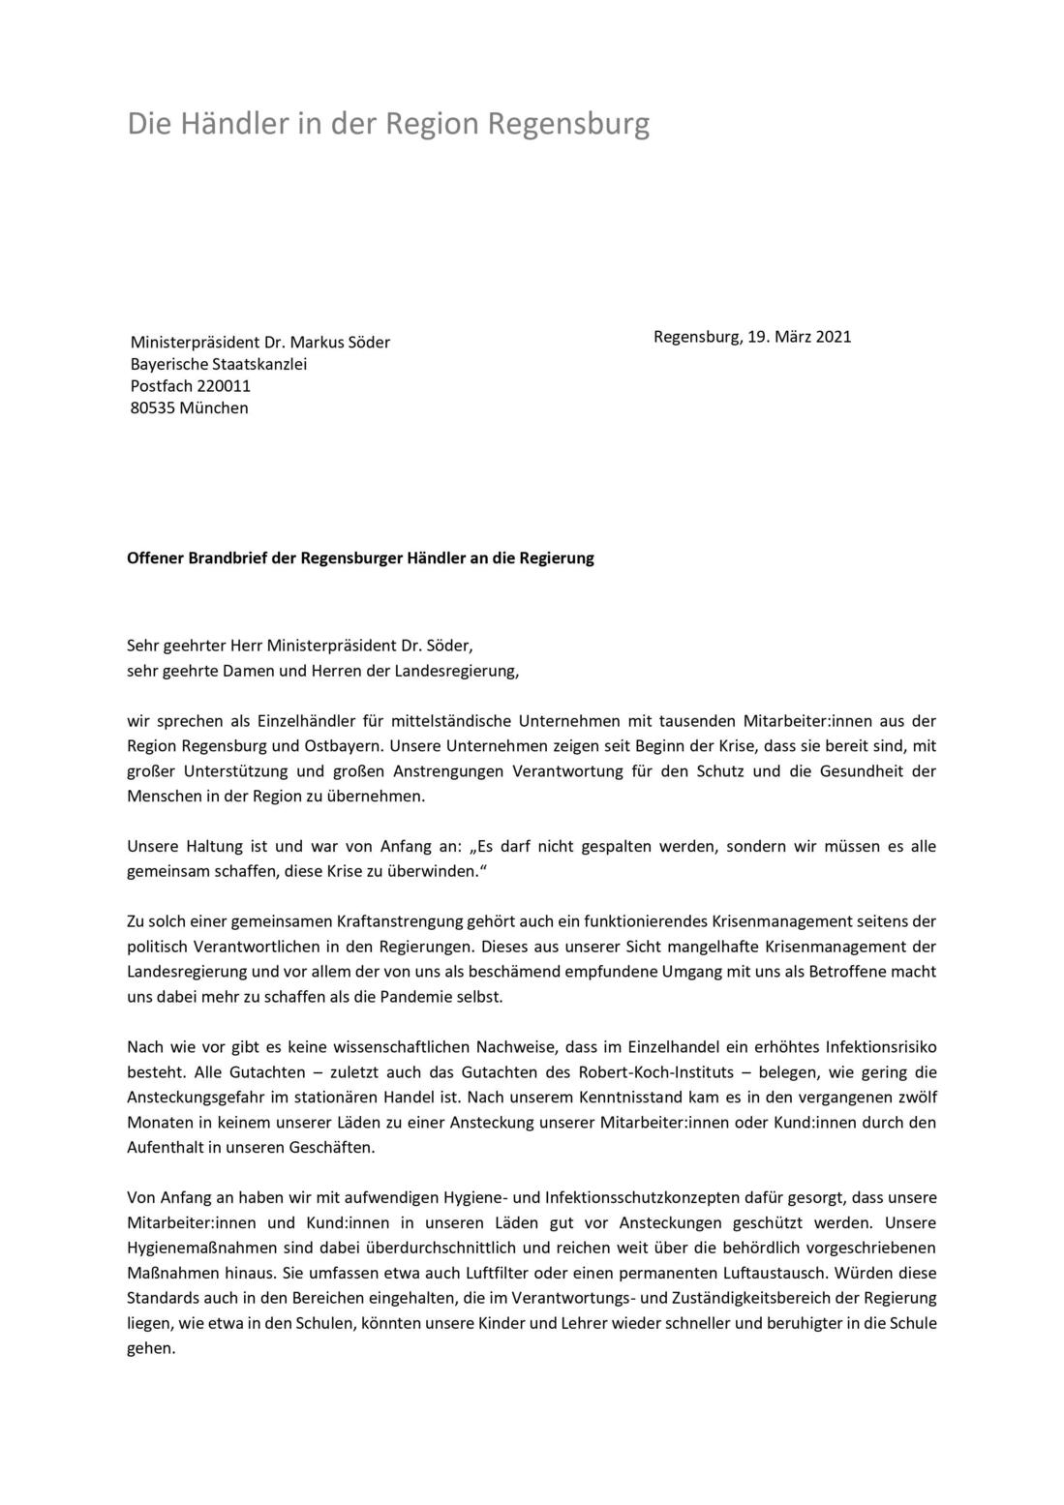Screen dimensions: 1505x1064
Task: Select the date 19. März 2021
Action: [799, 337]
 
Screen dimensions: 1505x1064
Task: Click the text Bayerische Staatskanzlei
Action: [219, 364]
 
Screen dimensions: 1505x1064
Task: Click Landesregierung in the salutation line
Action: [453, 671]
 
